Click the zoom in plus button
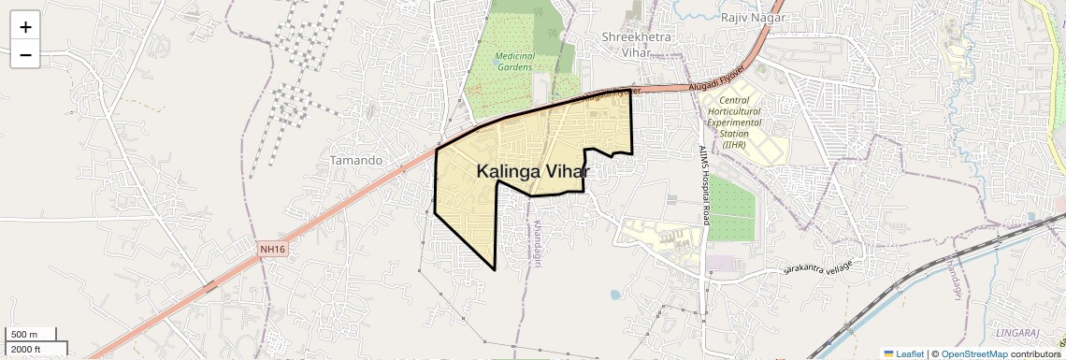pos(25,27)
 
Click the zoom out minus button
pos(25,54)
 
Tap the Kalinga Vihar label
pos(533,172)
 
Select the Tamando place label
pos(355,160)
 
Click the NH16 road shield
pos(270,250)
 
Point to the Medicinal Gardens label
pos(514,61)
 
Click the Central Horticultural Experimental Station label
pos(741,122)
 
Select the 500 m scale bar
pos(31,335)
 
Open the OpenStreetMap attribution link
pos(974,353)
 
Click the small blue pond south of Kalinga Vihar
pos(615,295)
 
